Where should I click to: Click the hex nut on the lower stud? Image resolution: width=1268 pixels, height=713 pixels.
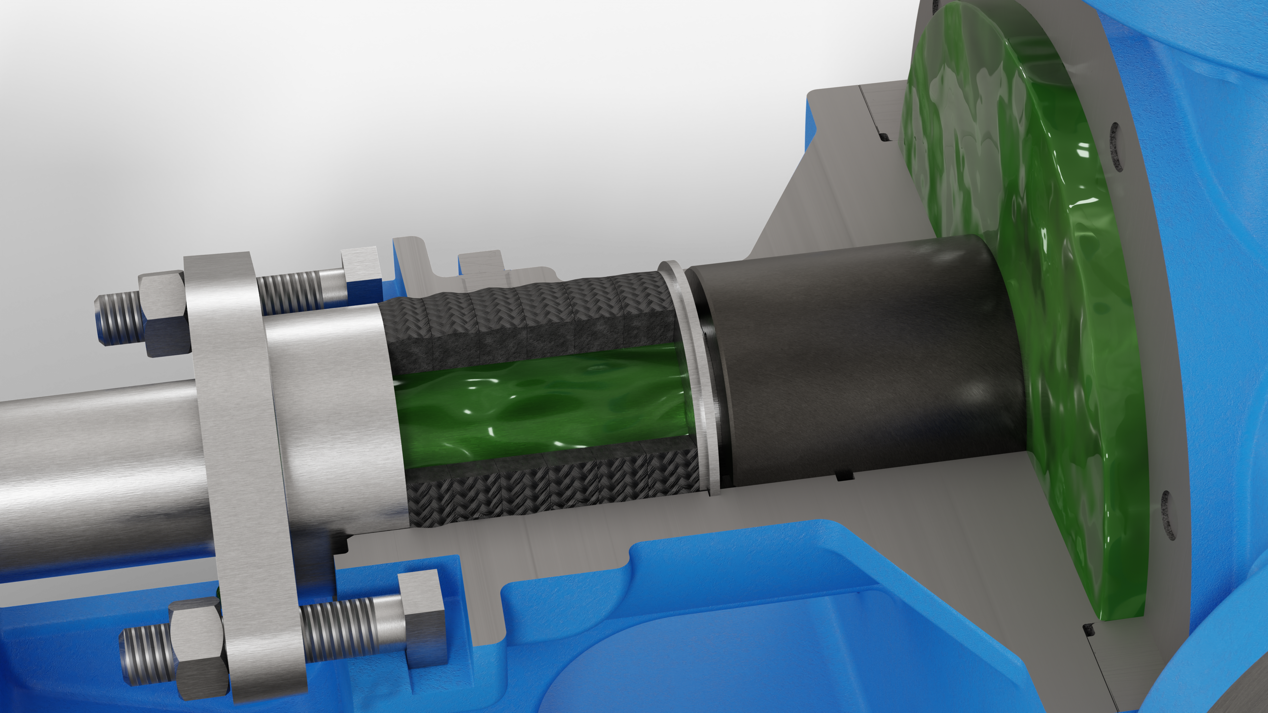(197, 652)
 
